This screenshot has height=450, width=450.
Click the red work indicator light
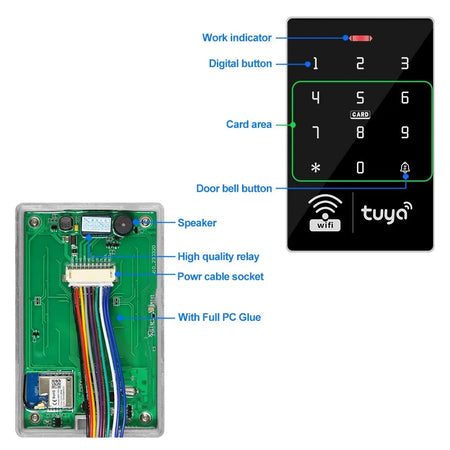coord(360,38)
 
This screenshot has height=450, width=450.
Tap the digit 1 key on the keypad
coord(316,63)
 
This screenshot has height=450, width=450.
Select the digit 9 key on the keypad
coord(405,132)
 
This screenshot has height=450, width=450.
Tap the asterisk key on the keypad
coord(316,168)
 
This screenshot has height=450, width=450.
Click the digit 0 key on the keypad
coord(361,168)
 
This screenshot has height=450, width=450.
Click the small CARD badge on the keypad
coord(361,115)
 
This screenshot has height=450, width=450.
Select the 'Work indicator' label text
coord(237,38)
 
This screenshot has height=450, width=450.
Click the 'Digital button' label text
coord(240,63)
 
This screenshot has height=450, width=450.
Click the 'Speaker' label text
coord(197,223)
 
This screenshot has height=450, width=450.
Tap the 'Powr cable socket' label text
coord(221,275)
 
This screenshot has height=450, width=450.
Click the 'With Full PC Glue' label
coord(220,317)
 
